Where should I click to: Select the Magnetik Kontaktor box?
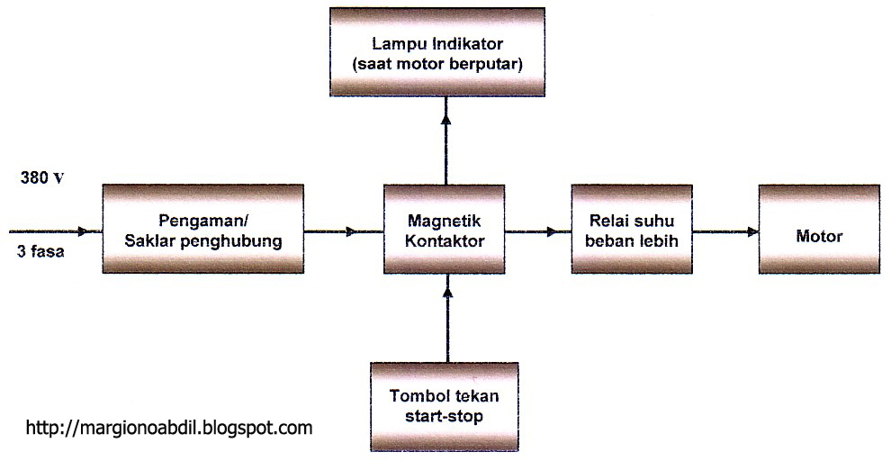(445, 230)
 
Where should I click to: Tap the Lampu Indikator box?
(445, 51)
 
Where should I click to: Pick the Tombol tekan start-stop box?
(445, 406)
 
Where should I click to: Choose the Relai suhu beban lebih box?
(632, 230)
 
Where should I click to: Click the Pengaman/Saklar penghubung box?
(202, 230)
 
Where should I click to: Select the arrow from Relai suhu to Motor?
(725, 232)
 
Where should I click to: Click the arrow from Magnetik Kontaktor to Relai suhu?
(537, 232)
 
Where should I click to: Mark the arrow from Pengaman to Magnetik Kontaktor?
(344, 232)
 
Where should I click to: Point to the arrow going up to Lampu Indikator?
(445, 140)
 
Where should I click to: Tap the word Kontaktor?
(445, 241)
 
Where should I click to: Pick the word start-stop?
(445, 416)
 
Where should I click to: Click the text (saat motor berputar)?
(445, 64)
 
